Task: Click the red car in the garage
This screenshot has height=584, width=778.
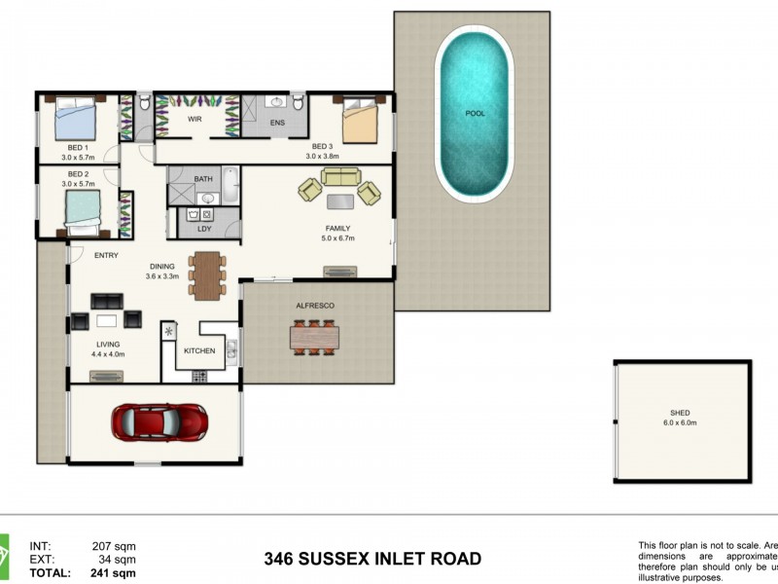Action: click(159, 422)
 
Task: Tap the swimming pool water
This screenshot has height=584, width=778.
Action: click(474, 146)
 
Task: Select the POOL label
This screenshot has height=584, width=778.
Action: click(475, 114)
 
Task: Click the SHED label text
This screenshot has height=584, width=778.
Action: click(680, 413)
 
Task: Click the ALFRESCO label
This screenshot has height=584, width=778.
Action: click(315, 306)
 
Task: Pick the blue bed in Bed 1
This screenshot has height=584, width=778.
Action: click(75, 121)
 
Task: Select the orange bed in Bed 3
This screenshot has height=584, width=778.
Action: click(360, 125)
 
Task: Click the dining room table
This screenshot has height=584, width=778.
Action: click(207, 274)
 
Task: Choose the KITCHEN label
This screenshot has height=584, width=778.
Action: click(199, 350)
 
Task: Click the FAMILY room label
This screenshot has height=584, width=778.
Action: click(337, 229)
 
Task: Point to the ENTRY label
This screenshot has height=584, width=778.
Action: click(106, 255)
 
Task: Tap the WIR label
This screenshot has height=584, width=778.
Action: click(194, 119)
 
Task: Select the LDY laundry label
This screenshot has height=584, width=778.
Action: click(204, 229)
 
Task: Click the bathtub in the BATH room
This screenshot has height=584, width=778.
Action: click(230, 185)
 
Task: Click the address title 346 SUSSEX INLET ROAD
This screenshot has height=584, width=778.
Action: click(372, 559)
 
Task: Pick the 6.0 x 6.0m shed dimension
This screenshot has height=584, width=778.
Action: click(680, 423)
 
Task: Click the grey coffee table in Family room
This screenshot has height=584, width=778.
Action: click(339, 201)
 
